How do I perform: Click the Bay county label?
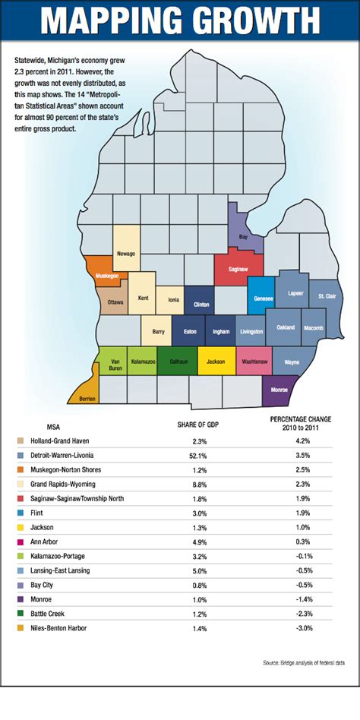244,236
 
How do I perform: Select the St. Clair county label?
327,295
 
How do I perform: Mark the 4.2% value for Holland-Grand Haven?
302,441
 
